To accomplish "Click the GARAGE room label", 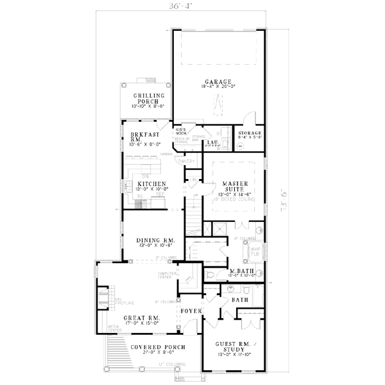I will [x=218, y=82].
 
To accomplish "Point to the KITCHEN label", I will [x=151, y=184].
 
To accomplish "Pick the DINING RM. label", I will [x=151, y=241].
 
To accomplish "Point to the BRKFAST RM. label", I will [x=135, y=137].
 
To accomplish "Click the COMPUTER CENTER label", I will [x=167, y=275].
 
